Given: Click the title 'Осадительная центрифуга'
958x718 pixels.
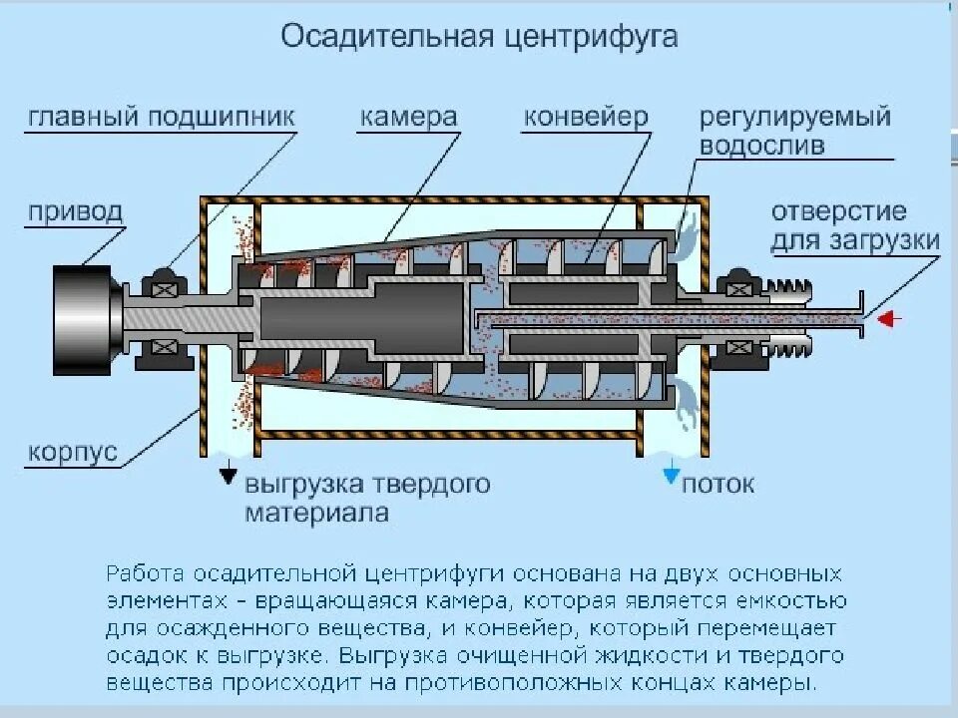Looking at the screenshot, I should click(479, 37).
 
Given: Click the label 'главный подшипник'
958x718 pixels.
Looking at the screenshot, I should click(162, 117).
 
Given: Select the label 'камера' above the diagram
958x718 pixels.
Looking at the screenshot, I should click(408, 117).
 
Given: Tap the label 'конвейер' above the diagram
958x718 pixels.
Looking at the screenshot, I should click(586, 117).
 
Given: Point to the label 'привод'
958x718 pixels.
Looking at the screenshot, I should click(76, 211).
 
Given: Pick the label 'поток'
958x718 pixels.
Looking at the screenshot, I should click(718, 485).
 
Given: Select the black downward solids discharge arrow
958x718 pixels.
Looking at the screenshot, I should click(230, 476).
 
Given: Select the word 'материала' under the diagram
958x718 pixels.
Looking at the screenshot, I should click(316, 515).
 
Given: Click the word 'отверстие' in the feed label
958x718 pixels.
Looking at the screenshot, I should click(838, 211).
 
